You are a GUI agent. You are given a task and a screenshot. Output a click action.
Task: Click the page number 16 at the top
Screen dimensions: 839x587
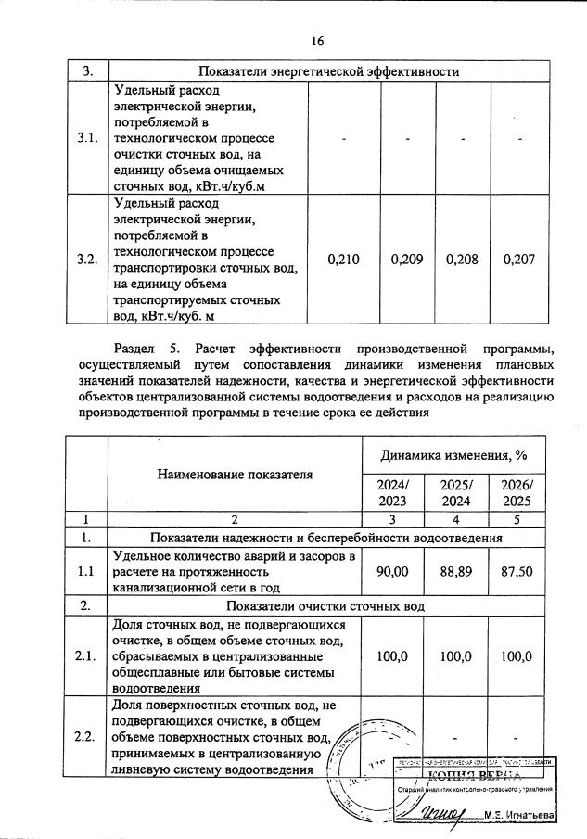[317, 42]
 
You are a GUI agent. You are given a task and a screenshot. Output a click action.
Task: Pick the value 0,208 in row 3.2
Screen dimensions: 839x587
[462, 261]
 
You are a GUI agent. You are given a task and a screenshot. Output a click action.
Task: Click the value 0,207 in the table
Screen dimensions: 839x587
[519, 261]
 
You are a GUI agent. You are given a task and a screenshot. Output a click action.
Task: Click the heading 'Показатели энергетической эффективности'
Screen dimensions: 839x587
[329, 71]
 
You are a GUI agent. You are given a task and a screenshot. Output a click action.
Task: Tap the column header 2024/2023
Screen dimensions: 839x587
[390, 492]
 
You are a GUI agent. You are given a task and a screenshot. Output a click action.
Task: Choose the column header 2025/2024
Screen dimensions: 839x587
[455, 492]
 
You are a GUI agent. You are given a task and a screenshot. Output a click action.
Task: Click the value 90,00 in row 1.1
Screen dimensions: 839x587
[390, 573]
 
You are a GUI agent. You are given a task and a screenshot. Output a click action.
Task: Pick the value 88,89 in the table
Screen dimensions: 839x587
[455, 573]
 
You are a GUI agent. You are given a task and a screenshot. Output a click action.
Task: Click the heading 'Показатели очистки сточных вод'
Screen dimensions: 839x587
[329, 606]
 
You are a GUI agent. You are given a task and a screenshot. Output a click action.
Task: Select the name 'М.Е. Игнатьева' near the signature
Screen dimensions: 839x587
[518, 815]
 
